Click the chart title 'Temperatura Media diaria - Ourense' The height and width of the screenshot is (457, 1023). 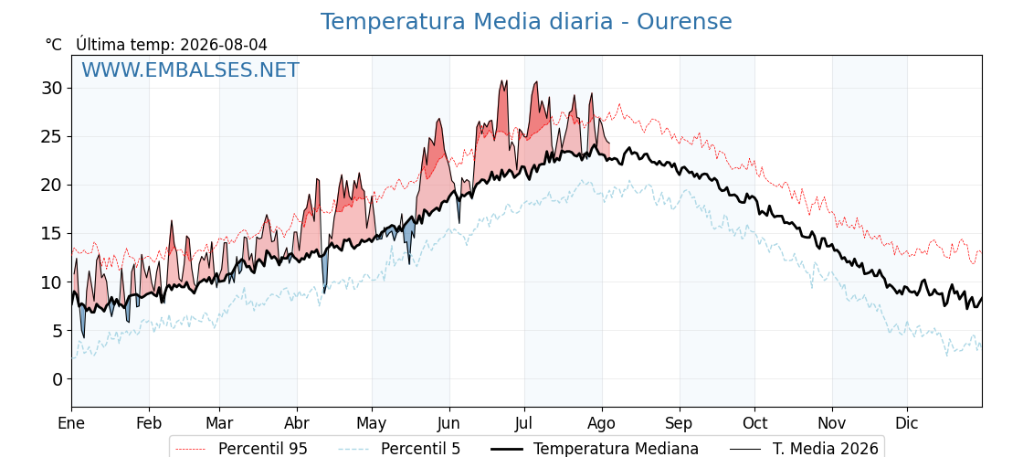[x=526, y=22]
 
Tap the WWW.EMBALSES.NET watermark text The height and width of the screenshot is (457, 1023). [x=191, y=69]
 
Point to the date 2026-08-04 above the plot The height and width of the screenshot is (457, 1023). [x=224, y=45]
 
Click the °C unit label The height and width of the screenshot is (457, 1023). [x=54, y=45]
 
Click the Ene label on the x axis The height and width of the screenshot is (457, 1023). [x=71, y=423]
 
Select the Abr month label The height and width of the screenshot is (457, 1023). [x=297, y=423]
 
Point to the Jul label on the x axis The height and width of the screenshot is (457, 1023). [x=524, y=423]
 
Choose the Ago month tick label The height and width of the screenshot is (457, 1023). [x=602, y=423]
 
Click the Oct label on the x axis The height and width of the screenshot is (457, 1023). [x=754, y=423]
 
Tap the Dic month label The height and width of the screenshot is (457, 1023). [x=908, y=423]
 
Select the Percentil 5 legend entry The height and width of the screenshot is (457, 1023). [x=399, y=449]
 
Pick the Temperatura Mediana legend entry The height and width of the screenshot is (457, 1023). [x=594, y=449]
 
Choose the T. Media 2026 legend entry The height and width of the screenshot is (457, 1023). [x=804, y=449]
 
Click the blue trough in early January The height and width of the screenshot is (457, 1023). [x=82, y=321]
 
